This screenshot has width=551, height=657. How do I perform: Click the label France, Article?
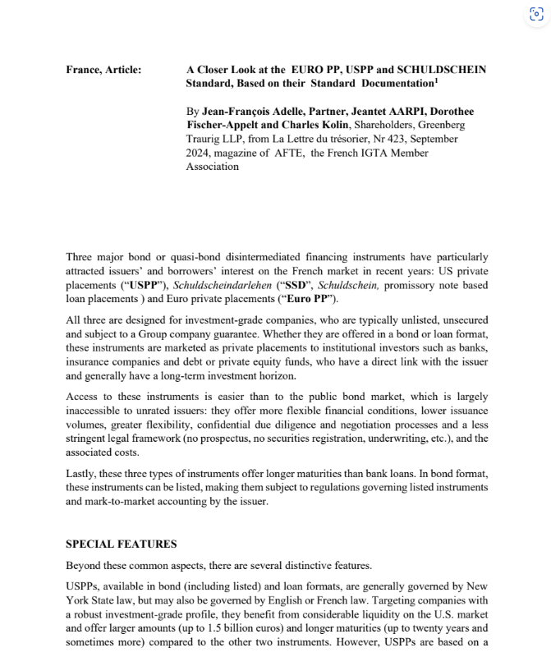(103, 70)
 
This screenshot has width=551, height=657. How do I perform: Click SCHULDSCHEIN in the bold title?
(444, 70)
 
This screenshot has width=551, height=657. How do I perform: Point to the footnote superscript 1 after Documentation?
(437, 80)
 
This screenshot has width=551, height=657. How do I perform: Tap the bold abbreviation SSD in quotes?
(302, 285)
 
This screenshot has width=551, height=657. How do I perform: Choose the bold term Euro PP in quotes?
(310, 299)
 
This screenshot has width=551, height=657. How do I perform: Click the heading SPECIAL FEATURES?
(121, 544)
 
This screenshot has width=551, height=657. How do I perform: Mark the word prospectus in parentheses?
(273, 439)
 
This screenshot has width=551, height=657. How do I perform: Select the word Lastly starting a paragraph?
(83, 473)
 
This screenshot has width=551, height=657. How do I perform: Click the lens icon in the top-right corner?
(537, 15)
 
